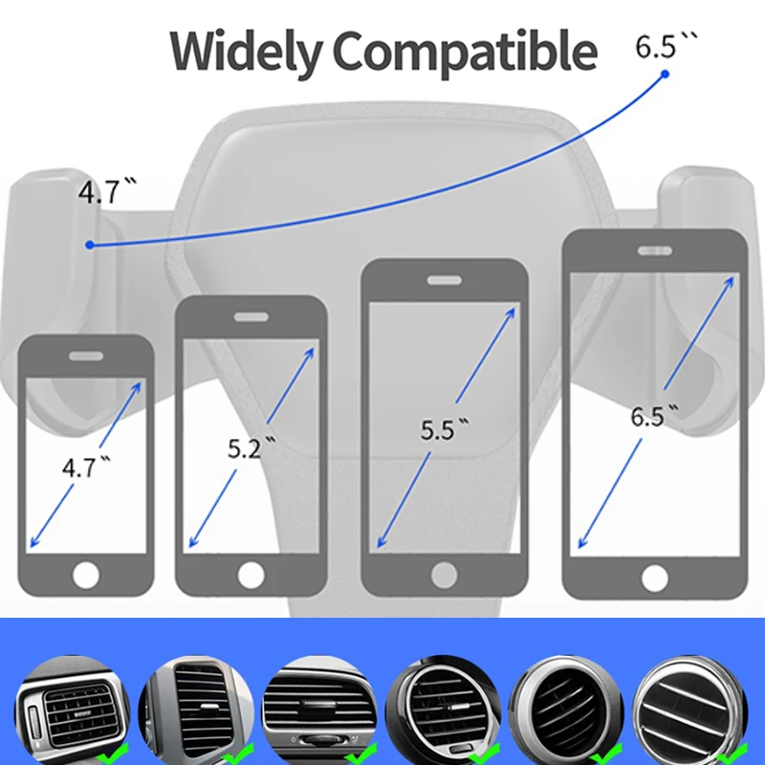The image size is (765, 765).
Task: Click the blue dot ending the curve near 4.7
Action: [x=90, y=245]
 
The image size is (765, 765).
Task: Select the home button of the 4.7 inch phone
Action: [x=86, y=576]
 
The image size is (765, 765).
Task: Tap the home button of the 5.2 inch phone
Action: [x=251, y=575]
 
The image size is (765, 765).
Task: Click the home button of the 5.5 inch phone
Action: [x=444, y=575]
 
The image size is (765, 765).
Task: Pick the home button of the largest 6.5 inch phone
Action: [x=654, y=579]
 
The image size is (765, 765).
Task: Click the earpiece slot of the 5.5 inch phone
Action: [x=444, y=281]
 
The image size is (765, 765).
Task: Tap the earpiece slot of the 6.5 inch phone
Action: [x=654, y=251]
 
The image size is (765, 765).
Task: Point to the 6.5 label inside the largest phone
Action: [x=653, y=417]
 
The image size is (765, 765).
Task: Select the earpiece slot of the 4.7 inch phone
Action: [x=86, y=354]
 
